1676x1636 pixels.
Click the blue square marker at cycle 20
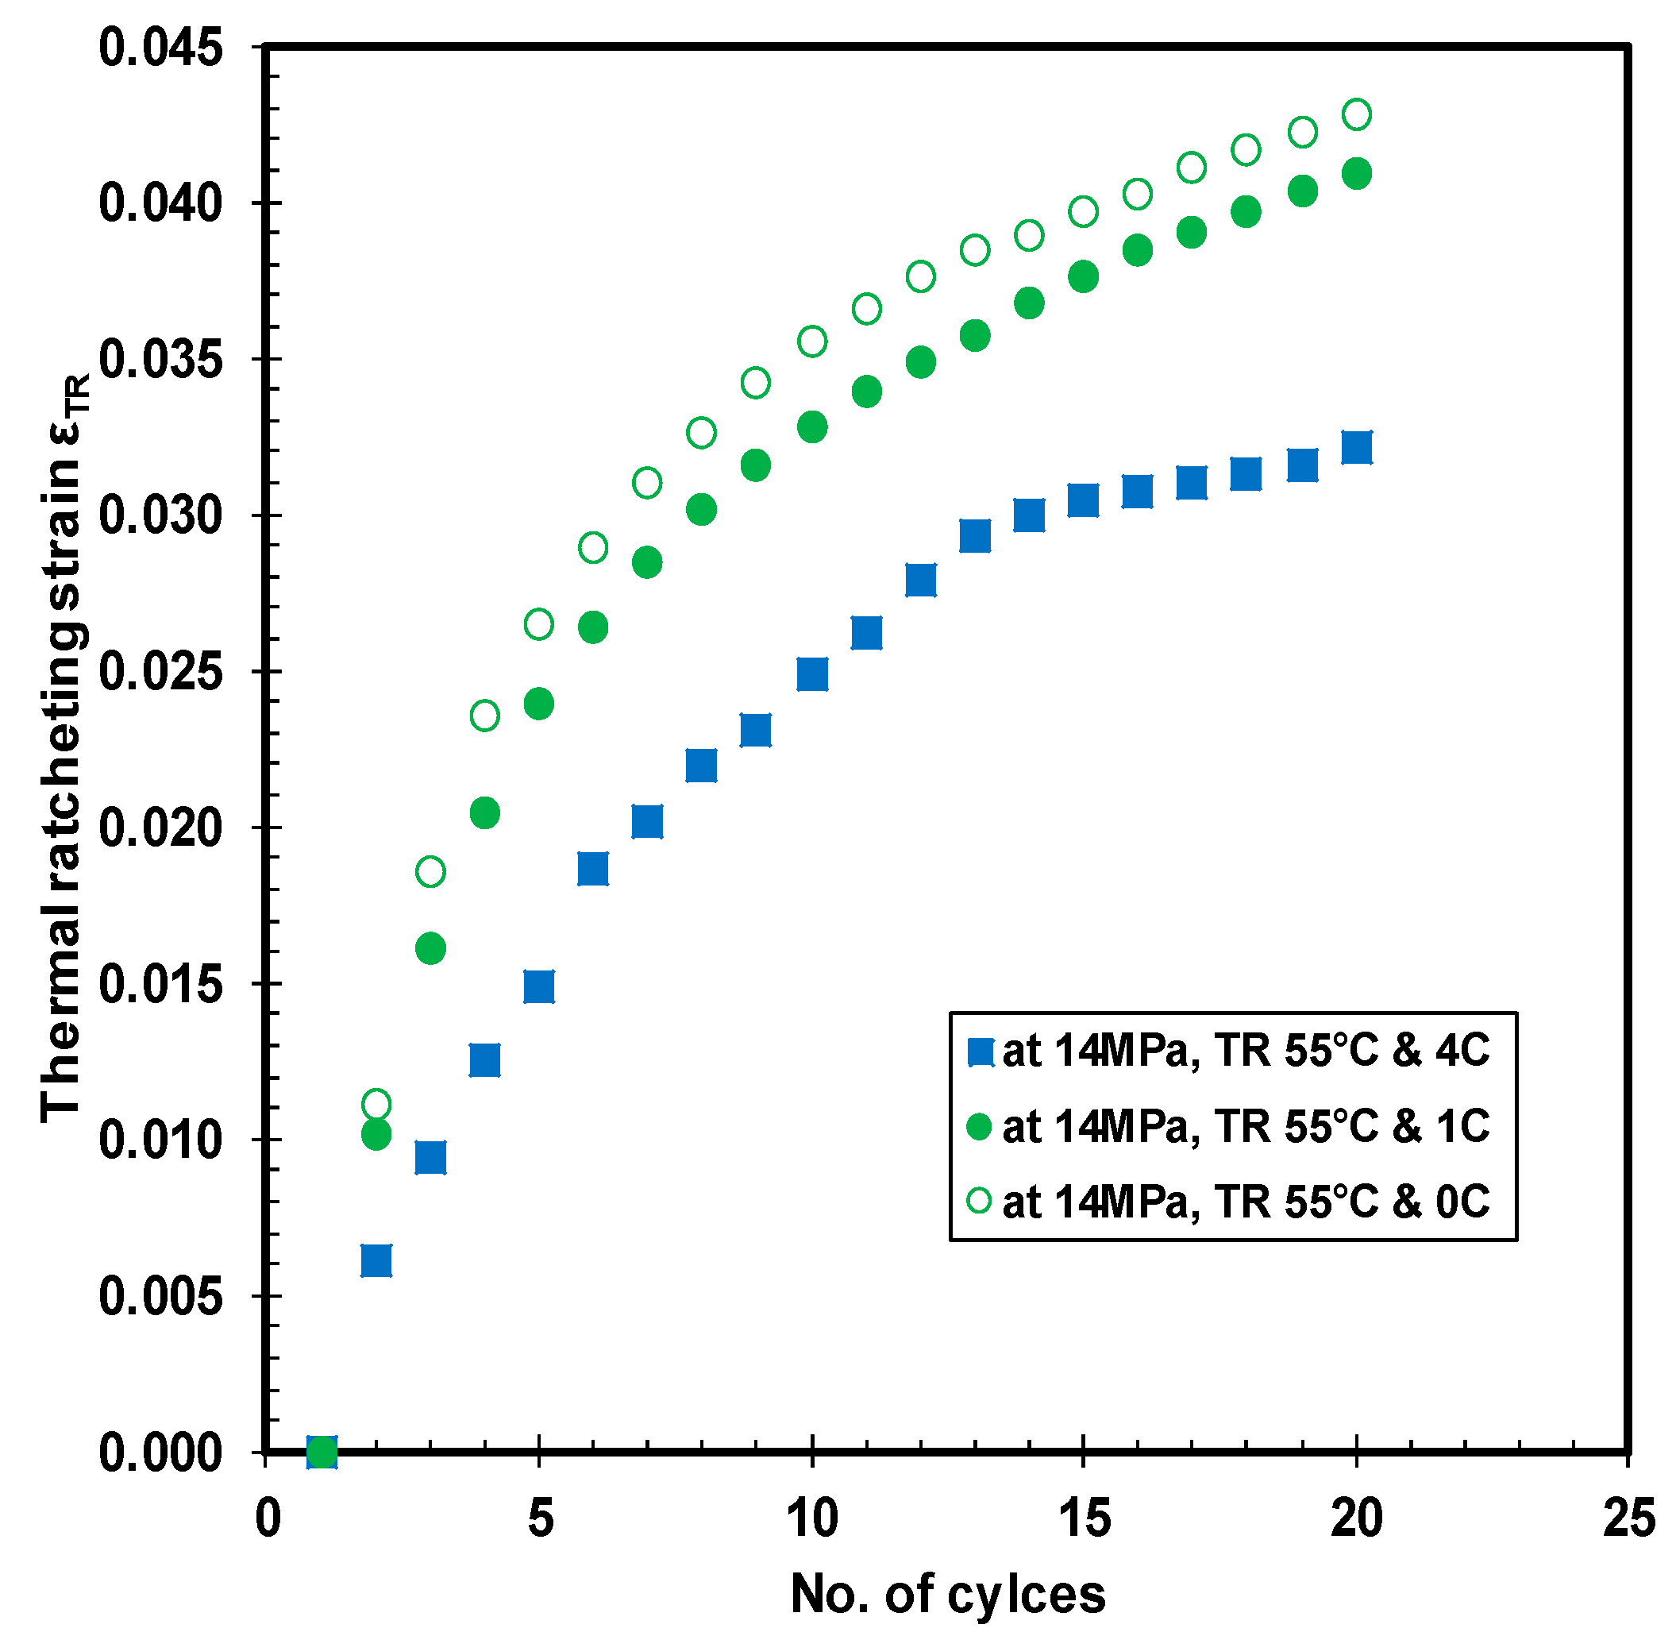pos(1356,448)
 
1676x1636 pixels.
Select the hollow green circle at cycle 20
pos(1356,114)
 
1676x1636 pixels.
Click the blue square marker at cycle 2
pos(376,1260)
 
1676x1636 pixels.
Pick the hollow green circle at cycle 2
pos(376,1104)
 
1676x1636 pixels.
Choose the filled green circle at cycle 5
pos(538,704)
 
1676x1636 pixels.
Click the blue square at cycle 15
pos(1083,500)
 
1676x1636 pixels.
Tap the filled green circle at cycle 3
pos(430,948)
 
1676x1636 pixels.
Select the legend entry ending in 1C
pos(1233,1126)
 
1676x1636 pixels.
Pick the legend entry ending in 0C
pos(1233,1202)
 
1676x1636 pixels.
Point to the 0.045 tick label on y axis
pos(160,48)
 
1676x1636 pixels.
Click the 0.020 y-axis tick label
pos(160,828)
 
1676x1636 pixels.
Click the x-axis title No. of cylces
pos(947,1595)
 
